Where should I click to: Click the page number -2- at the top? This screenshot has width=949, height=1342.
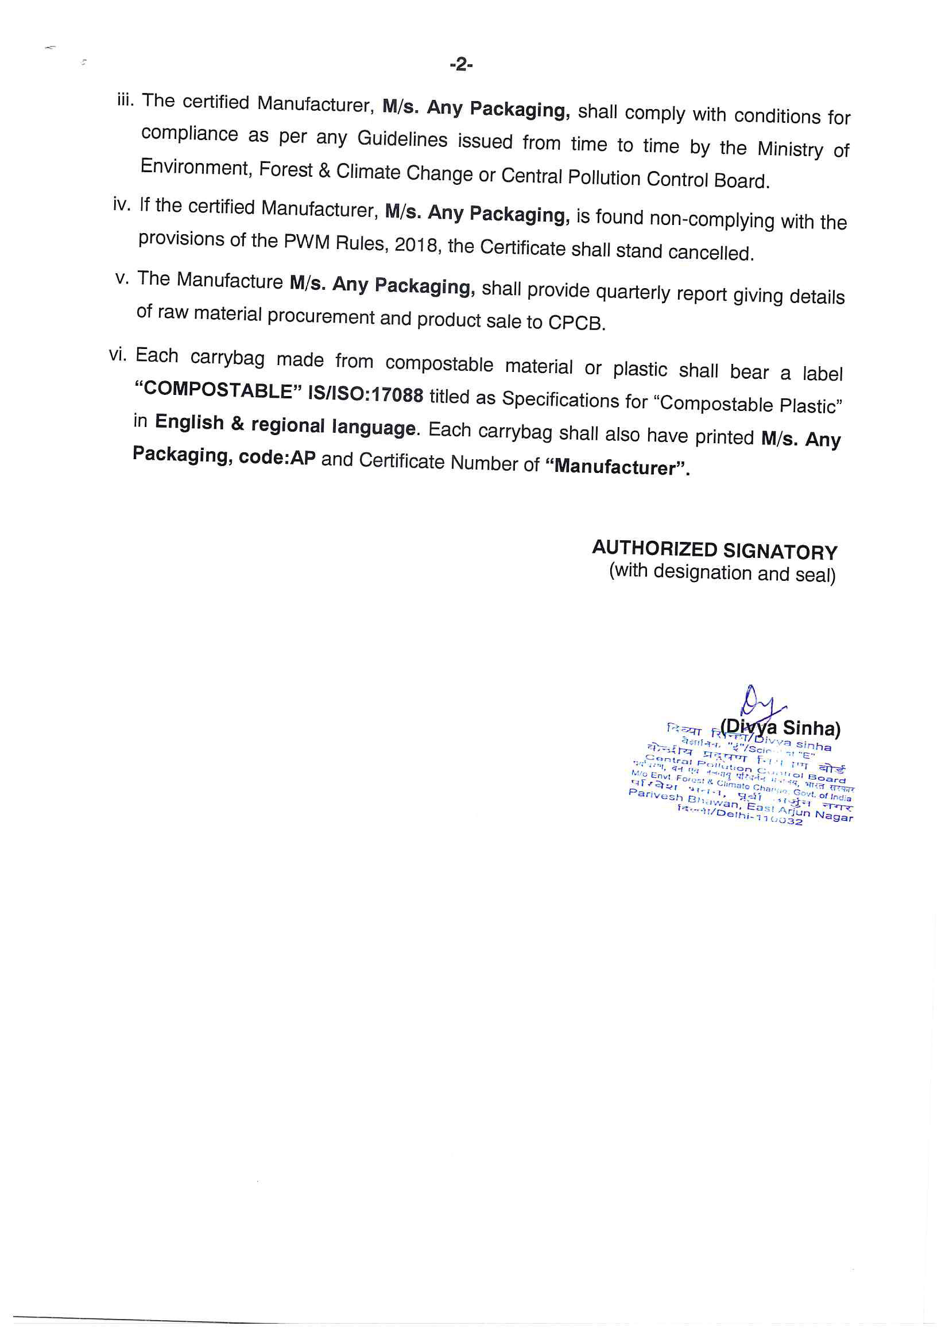pos(461,64)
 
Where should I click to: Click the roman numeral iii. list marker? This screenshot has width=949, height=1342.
pos(125,100)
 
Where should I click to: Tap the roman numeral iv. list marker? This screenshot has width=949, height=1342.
pos(121,204)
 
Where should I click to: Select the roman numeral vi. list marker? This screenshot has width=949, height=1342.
pos(118,354)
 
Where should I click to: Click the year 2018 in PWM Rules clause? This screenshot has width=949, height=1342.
pos(416,245)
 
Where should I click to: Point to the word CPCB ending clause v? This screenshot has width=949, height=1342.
pos(575,323)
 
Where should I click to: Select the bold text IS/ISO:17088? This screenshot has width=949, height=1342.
pos(366,394)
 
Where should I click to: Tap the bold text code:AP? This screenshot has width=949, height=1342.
pos(277,457)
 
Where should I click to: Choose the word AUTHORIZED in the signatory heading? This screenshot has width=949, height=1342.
pos(654,548)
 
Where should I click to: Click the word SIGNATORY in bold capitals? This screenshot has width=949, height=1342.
pos(780,551)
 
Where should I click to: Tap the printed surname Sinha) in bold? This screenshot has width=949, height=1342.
pos(812,728)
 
